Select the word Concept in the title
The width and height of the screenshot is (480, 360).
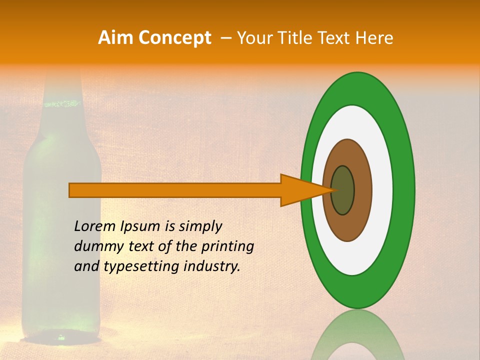[174, 38]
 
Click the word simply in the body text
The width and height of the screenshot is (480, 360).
[200, 226]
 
